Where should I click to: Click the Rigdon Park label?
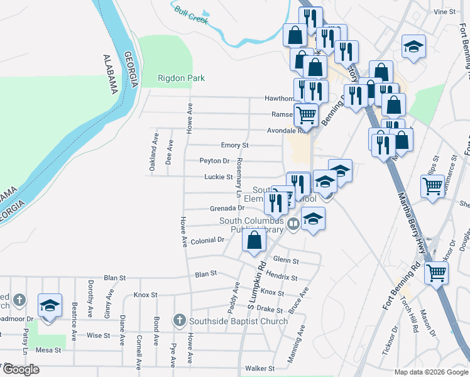pos(181,79)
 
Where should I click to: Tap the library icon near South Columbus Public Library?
pos(292,224)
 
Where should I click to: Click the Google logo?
pos(21,369)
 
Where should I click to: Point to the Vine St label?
pos(444,12)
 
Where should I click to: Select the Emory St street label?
pos(235,145)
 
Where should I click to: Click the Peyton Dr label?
pos(214,161)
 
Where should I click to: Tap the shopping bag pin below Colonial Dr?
pos(253,241)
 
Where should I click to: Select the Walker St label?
pos(260,368)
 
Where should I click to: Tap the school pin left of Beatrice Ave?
pos(50,306)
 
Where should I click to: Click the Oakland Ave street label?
pos(152,156)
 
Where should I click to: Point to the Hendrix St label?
pos(281,276)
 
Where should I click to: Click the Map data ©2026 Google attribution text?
pos(430,372)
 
